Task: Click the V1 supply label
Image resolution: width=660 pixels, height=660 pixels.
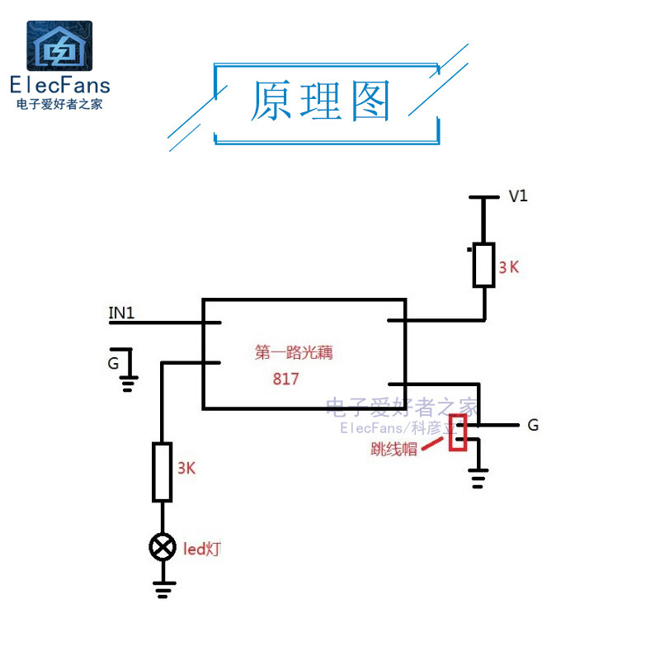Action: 518,196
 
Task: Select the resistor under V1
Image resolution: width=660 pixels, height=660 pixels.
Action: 483,265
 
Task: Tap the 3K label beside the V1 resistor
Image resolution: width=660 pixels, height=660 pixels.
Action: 509,267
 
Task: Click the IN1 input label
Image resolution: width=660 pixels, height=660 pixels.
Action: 121,313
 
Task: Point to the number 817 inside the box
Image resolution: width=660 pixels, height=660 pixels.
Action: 285,379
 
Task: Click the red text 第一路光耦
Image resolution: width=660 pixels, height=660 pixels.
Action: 299,353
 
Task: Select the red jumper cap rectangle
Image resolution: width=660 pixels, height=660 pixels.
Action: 458,432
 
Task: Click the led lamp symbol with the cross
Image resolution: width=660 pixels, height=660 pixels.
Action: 163,546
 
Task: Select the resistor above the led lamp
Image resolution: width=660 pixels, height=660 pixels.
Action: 163,472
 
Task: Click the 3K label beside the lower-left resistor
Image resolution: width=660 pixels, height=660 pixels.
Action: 186,468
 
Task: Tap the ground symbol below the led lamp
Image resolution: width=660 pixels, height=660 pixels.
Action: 163,587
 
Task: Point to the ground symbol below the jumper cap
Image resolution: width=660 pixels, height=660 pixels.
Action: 478,478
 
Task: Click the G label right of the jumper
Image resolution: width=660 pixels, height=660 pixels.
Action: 533,426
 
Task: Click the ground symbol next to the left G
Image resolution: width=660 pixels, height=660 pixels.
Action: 128,383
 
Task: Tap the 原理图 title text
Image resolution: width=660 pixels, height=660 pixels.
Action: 320,102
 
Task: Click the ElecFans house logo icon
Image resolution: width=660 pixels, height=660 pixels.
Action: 59,46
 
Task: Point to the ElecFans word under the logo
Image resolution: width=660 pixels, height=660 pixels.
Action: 59,84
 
